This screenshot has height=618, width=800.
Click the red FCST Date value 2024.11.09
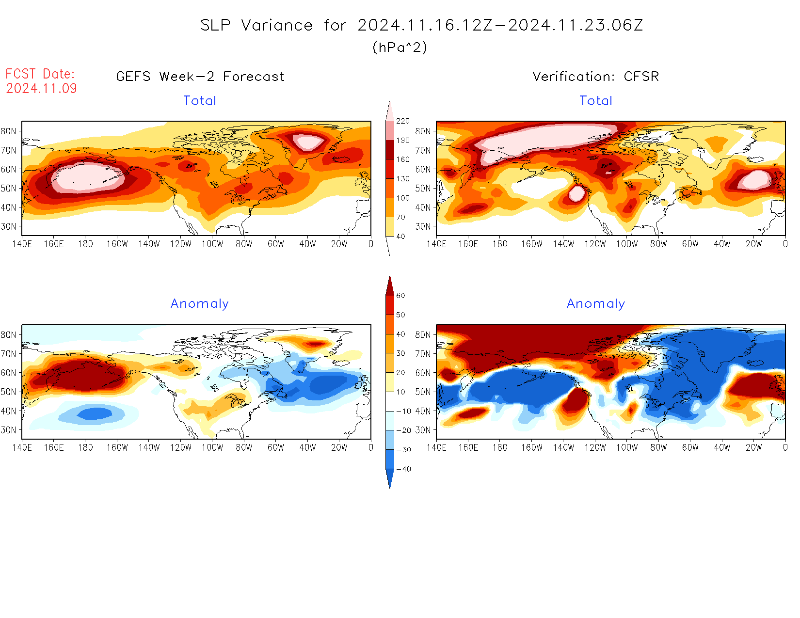[x=41, y=88]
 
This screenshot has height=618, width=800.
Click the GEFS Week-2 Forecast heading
[x=200, y=77]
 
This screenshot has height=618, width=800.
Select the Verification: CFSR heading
[x=595, y=77]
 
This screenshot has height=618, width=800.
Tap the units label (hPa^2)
[x=400, y=47]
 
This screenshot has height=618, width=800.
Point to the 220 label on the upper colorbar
[x=402, y=121]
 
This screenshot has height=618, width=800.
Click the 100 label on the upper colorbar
[x=402, y=198]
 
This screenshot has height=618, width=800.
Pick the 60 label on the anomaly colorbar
[x=400, y=296]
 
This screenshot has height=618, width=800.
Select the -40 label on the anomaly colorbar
[x=403, y=469]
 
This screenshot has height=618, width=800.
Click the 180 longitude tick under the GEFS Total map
[x=85, y=244]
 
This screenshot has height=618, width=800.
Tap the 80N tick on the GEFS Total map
[x=8, y=131]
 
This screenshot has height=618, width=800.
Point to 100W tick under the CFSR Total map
[x=627, y=244]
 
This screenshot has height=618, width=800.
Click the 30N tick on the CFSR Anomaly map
[x=423, y=430]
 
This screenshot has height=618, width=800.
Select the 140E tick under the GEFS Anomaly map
[x=22, y=448]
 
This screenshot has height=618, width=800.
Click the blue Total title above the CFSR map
[x=596, y=101]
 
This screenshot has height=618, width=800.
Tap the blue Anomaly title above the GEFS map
[x=199, y=304]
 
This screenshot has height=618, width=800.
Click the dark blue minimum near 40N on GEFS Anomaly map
[x=95, y=413]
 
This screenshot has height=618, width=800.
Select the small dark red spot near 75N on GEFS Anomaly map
[x=316, y=344]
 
